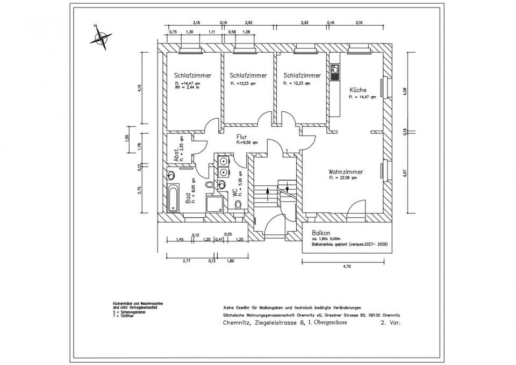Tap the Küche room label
[x=359, y=90]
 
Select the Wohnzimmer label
[x=346, y=172]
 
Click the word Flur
[x=241, y=137]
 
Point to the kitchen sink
[x=335, y=70]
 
